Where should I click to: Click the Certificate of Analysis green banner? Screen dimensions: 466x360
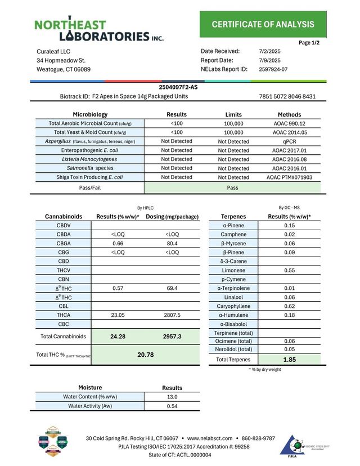coord(263,24)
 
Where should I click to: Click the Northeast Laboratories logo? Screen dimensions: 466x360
coord(99,30)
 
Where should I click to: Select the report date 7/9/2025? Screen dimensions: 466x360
coord(270,60)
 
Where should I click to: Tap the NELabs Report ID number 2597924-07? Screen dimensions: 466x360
coord(273,69)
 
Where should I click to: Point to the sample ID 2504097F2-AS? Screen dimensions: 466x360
coord(179,87)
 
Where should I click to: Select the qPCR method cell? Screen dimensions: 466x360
coord(289,141)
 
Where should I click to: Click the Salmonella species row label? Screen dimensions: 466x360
coord(90,168)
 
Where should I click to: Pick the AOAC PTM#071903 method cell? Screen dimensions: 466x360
coord(289,177)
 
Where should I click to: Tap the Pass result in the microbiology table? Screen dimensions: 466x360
coord(233,188)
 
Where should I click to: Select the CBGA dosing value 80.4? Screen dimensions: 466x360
coord(172,243)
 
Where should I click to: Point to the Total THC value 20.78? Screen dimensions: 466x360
coord(146,355)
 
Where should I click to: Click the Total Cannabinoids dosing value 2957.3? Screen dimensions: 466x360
coord(172,337)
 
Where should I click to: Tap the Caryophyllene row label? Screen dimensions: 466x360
coord(237,306)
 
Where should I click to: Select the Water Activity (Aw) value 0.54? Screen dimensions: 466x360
coord(172,406)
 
